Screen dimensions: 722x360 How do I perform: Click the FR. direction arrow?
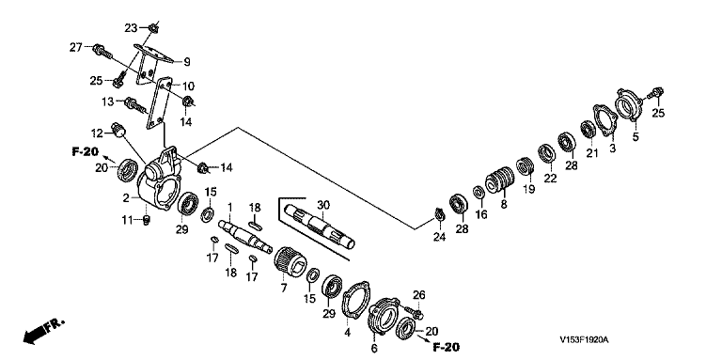pos(44,330)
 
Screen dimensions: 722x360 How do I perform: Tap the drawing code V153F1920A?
pos(584,340)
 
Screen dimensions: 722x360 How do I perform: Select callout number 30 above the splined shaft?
pos(323,205)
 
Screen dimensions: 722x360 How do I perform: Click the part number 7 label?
pos(284,289)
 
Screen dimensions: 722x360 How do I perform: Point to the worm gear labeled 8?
pos(499,180)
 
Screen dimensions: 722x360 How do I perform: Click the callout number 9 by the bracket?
pos(186,61)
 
